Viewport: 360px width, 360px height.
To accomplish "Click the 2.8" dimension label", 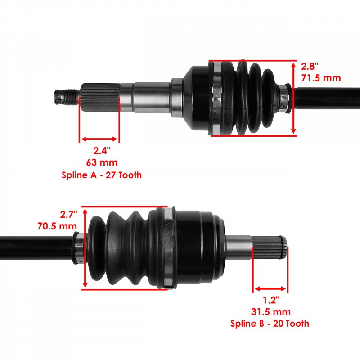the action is point(310,66).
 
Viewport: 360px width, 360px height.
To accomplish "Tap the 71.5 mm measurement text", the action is point(321,78).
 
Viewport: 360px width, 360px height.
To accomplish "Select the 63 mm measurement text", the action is point(102,162).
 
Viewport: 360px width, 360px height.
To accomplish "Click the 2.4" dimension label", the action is point(102,151).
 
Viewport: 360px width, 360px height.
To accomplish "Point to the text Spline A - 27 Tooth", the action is point(102,175).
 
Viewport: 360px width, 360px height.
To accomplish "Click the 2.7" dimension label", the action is point(68,215).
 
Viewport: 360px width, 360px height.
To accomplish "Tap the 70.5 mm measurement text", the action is point(57,226).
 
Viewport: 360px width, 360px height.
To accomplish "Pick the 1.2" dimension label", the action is point(271,300).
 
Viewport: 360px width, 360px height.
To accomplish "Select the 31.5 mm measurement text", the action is point(271,312).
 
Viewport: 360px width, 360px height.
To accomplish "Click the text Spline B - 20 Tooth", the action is point(270,324).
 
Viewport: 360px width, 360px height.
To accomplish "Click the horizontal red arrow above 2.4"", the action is point(99,139).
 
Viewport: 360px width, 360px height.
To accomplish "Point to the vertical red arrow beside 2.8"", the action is point(293,98).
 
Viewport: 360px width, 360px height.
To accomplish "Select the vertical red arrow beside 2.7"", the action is point(85,248).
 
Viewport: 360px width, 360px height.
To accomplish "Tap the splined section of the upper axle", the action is point(100,98).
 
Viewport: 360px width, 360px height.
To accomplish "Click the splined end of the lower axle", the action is point(269,247).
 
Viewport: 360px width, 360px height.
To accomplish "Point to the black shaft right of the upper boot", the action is point(326,99).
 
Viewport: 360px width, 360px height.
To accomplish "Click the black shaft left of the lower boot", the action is point(36,248).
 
